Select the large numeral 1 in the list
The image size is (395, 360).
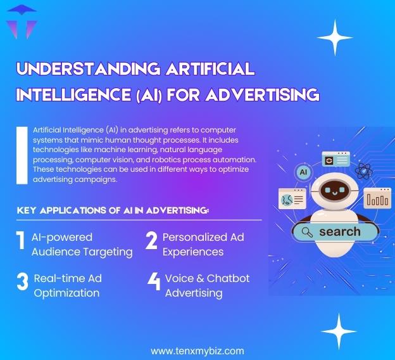tap(20, 244)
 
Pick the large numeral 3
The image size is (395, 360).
tap(22, 283)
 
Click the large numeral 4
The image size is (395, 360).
tap(153, 283)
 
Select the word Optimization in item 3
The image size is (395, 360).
tap(66, 293)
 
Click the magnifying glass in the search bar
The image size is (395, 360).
tap(306, 232)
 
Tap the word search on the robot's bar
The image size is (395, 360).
tap(339, 231)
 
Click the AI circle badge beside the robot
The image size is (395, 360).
tap(303, 172)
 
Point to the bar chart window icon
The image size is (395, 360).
tap(377, 200)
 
